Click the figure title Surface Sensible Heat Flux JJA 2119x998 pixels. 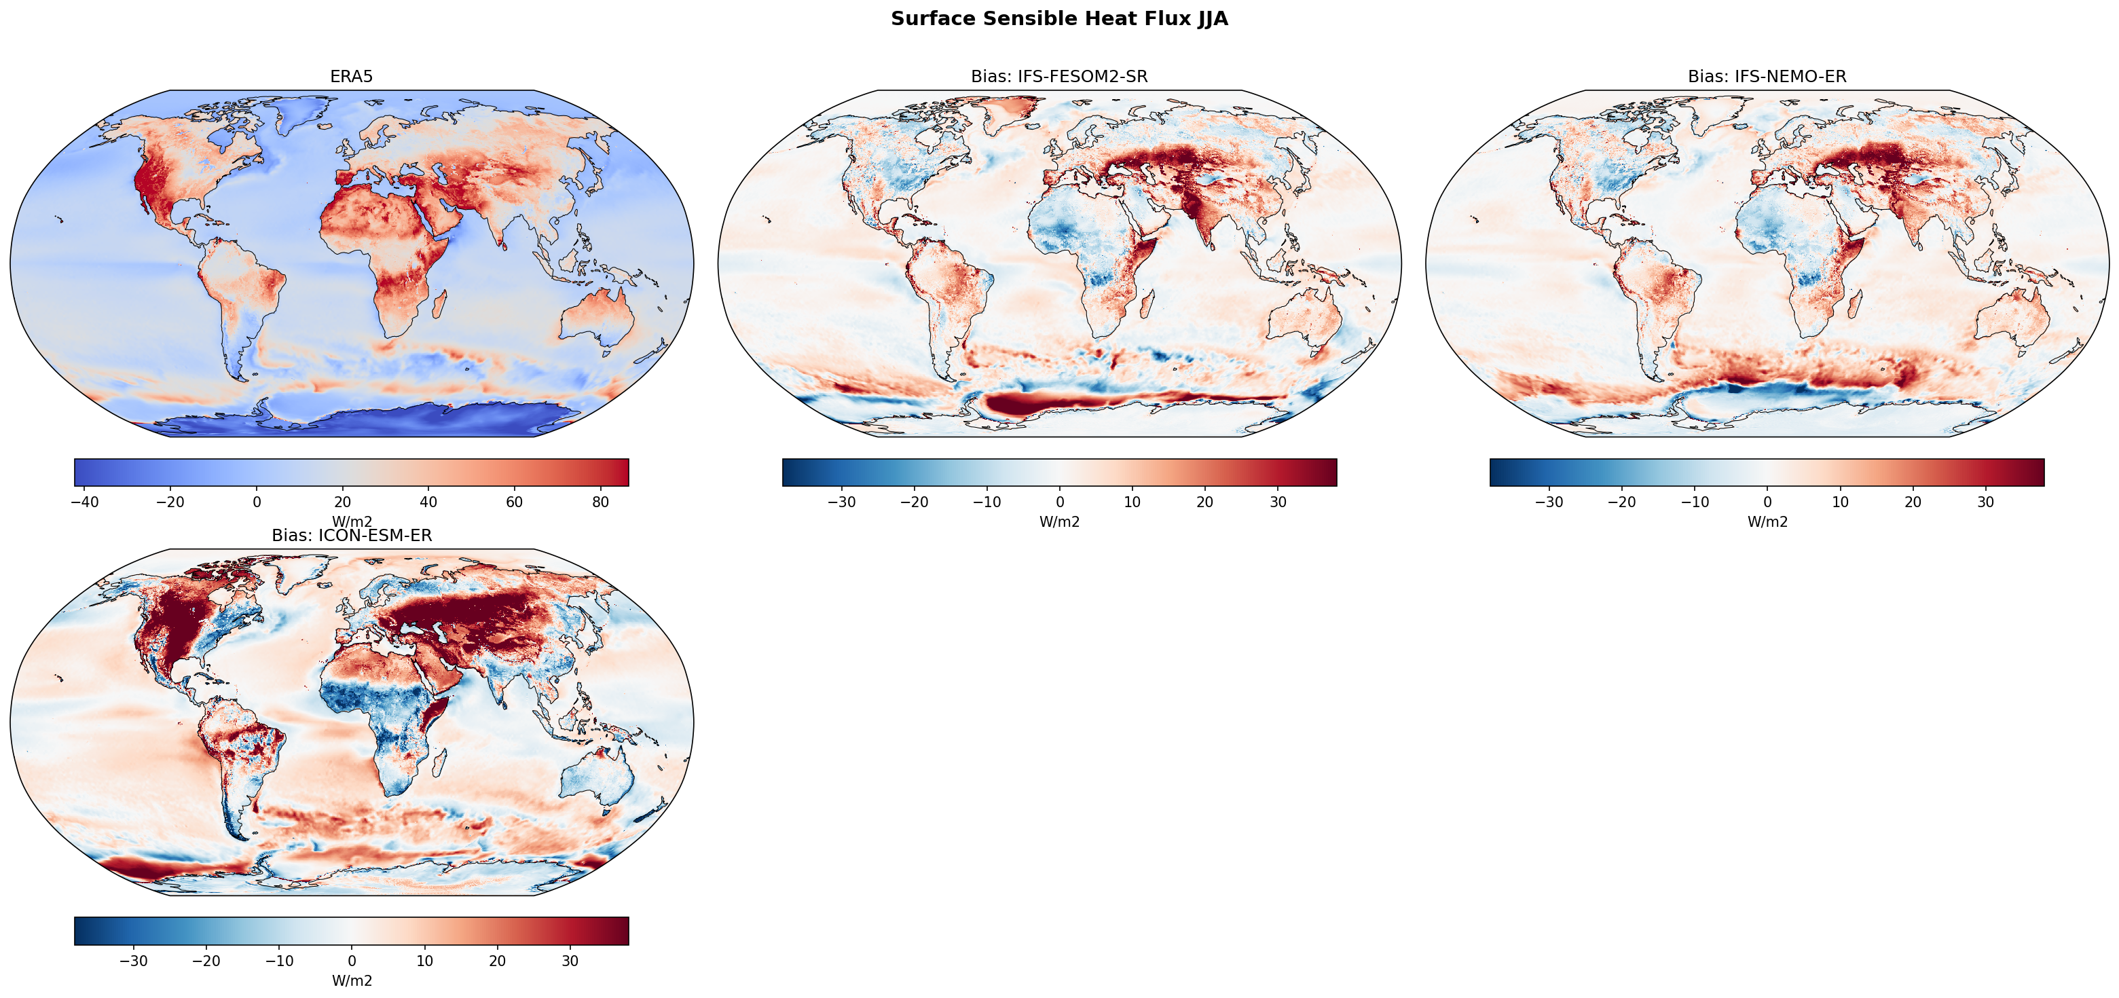point(1058,19)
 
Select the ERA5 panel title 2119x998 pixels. point(351,77)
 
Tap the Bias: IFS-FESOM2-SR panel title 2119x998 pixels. point(1058,77)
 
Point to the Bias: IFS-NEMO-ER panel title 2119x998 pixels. point(1767,77)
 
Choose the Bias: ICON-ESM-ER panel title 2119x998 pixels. point(351,536)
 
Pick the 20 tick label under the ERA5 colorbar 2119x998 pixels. point(343,502)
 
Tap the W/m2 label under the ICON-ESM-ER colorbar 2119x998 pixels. point(351,981)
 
